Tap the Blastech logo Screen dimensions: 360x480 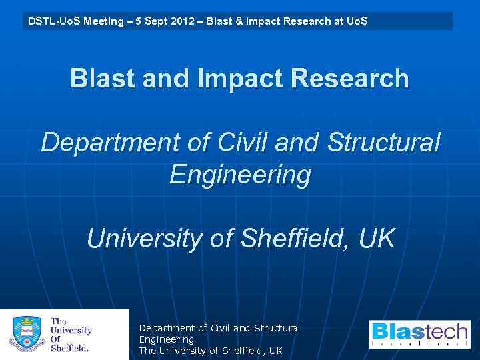419,334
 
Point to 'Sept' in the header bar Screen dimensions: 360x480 155,21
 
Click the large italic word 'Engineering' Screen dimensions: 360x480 240,175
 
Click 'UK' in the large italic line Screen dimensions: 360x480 377,239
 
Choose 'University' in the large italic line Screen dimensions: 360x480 144,239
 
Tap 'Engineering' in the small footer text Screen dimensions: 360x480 166,339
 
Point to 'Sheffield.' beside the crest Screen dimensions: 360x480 70,347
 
